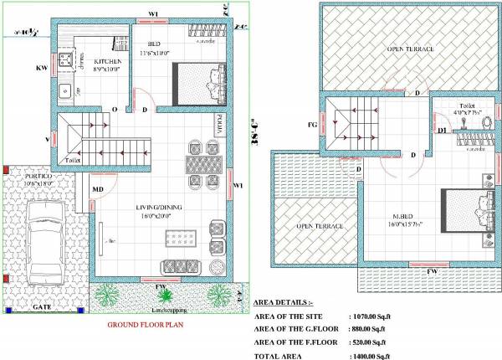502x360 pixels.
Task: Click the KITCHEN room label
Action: point(107,62)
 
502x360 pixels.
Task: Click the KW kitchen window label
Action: point(39,67)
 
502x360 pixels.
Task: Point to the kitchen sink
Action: point(64,89)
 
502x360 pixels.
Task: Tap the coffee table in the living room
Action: point(182,239)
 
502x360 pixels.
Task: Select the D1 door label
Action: point(441,130)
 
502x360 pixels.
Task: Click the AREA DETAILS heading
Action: point(282,302)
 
